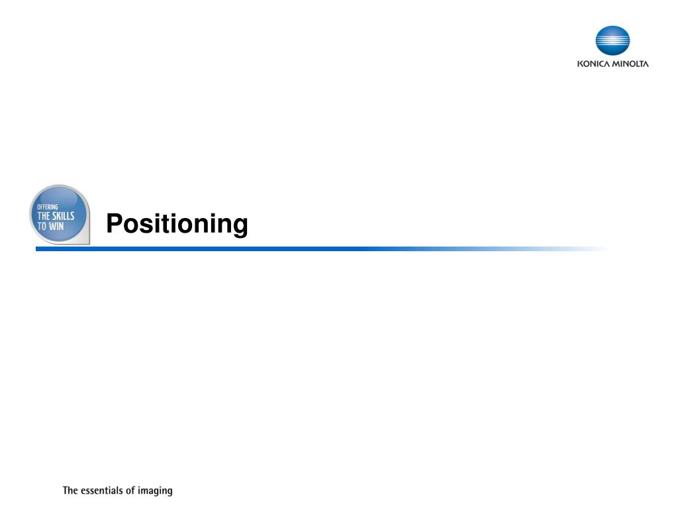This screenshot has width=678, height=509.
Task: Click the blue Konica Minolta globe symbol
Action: click(612, 40)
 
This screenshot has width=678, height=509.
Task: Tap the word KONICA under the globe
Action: click(593, 64)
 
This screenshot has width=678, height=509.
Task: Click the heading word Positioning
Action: click(177, 224)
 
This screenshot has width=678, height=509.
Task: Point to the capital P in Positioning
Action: click(115, 223)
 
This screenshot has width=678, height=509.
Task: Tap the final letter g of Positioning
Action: click(239, 227)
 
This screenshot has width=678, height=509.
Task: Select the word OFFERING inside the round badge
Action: click(48, 207)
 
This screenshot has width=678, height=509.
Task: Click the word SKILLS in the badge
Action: click(63, 216)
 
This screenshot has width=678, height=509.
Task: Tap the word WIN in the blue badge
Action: click(56, 227)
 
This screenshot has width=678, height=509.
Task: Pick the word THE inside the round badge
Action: click(44, 216)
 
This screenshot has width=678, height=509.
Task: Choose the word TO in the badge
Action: click(42, 227)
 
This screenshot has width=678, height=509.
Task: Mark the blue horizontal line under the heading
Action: click(322, 249)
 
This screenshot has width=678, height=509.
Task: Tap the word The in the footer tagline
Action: click(70, 490)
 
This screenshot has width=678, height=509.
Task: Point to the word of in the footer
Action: click(130, 490)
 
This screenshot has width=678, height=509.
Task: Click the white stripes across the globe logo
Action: click(612, 40)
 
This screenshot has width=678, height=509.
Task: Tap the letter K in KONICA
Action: click(580, 64)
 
